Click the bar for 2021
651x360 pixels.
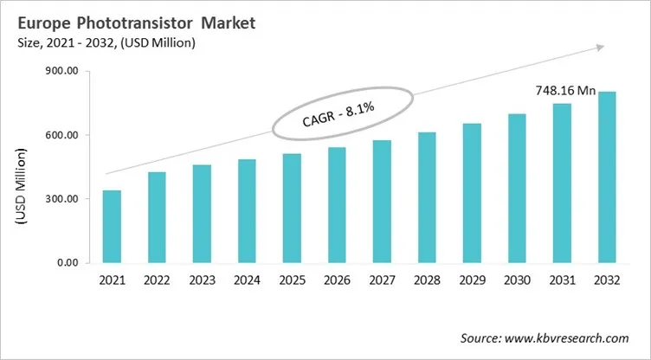tap(112, 227)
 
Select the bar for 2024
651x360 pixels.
tap(247, 211)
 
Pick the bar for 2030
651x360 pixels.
tap(516, 189)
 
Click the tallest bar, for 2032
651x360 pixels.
tap(606, 177)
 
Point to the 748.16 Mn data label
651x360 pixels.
tap(564, 90)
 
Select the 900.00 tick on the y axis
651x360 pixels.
tap(61, 72)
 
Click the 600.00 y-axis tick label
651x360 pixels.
tap(61, 136)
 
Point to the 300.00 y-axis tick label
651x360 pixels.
tap(61, 199)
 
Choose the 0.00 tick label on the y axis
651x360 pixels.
tap(67, 263)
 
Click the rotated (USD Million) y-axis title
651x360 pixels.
tap(20, 190)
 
